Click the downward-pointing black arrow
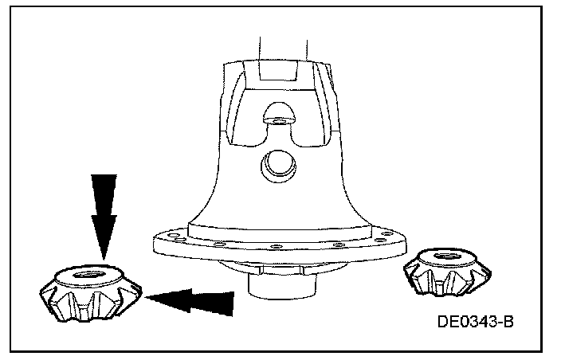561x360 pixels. (x=104, y=211)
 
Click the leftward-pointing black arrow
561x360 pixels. (x=195, y=302)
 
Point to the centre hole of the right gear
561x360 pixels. (x=444, y=256)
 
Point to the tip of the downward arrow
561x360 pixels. (x=104, y=257)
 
